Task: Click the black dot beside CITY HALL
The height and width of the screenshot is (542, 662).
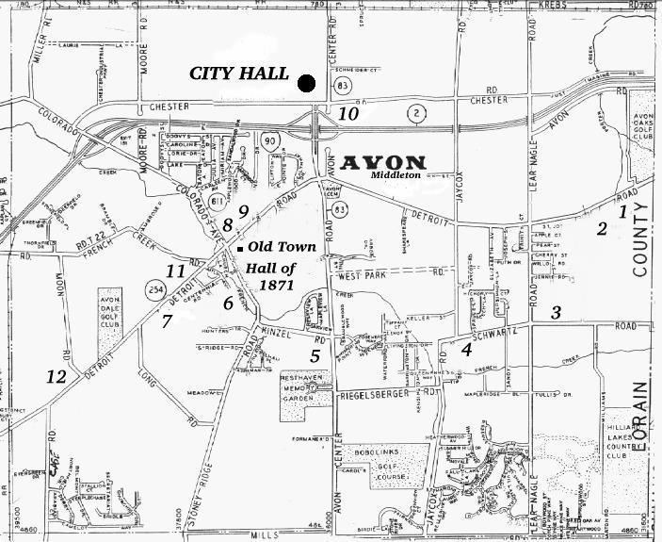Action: (x=306, y=83)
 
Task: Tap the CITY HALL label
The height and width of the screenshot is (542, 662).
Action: (x=239, y=74)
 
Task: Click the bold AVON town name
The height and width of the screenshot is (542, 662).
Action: (x=384, y=161)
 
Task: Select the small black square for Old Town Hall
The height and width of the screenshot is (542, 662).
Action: (x=241, y=248)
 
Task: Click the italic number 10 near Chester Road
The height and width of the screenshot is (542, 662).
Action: (x=348, y=114)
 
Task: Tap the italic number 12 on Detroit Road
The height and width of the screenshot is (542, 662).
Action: (x=57, y=376)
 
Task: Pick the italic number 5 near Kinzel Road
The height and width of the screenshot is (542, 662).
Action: (x=315, y=355)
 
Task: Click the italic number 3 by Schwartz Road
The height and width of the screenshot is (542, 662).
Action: (x=557, y=313)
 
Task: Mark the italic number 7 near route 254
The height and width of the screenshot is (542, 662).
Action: (x=167, y=320)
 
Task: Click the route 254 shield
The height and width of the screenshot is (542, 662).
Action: (x=156, y=287)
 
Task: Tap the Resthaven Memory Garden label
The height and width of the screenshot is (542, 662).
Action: (x=301, y=386)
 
